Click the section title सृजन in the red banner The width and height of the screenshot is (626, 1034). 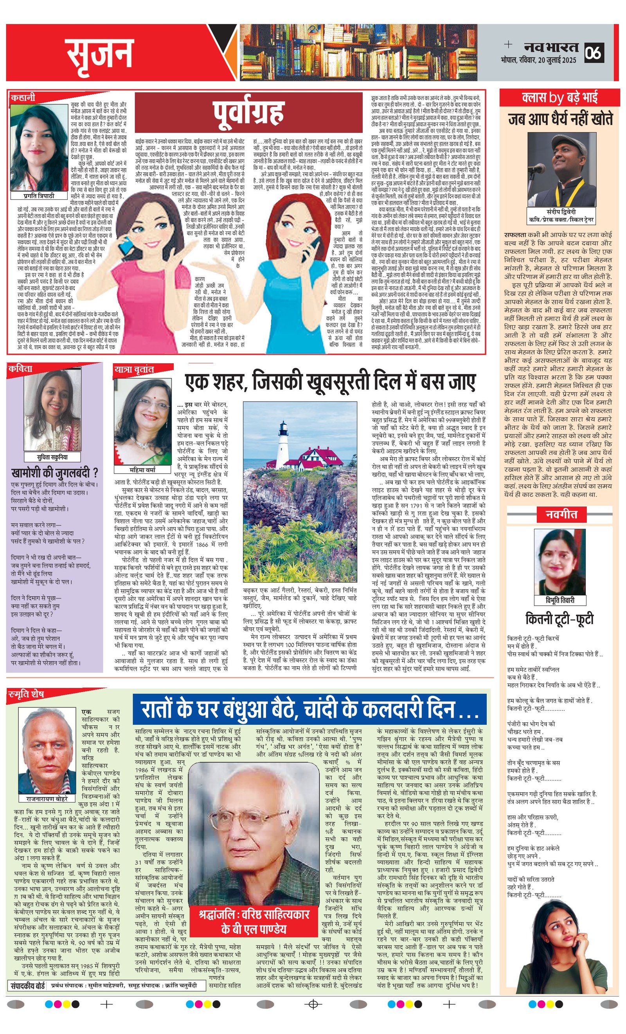(99, 53)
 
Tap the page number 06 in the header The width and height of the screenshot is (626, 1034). (593, 52)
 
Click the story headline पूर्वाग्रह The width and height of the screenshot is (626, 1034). (248, 113)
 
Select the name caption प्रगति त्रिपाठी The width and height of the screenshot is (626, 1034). (39, 196)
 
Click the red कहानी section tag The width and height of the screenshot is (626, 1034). (23, 98)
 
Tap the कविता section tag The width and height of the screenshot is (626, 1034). (21, 368)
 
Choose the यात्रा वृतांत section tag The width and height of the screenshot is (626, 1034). (134, 369)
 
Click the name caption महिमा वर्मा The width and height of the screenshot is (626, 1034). (142, 470)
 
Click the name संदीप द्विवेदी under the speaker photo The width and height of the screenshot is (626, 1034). (561, 212)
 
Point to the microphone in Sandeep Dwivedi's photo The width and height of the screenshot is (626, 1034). (536, 169)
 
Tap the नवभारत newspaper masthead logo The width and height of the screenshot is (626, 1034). (551, 47)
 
